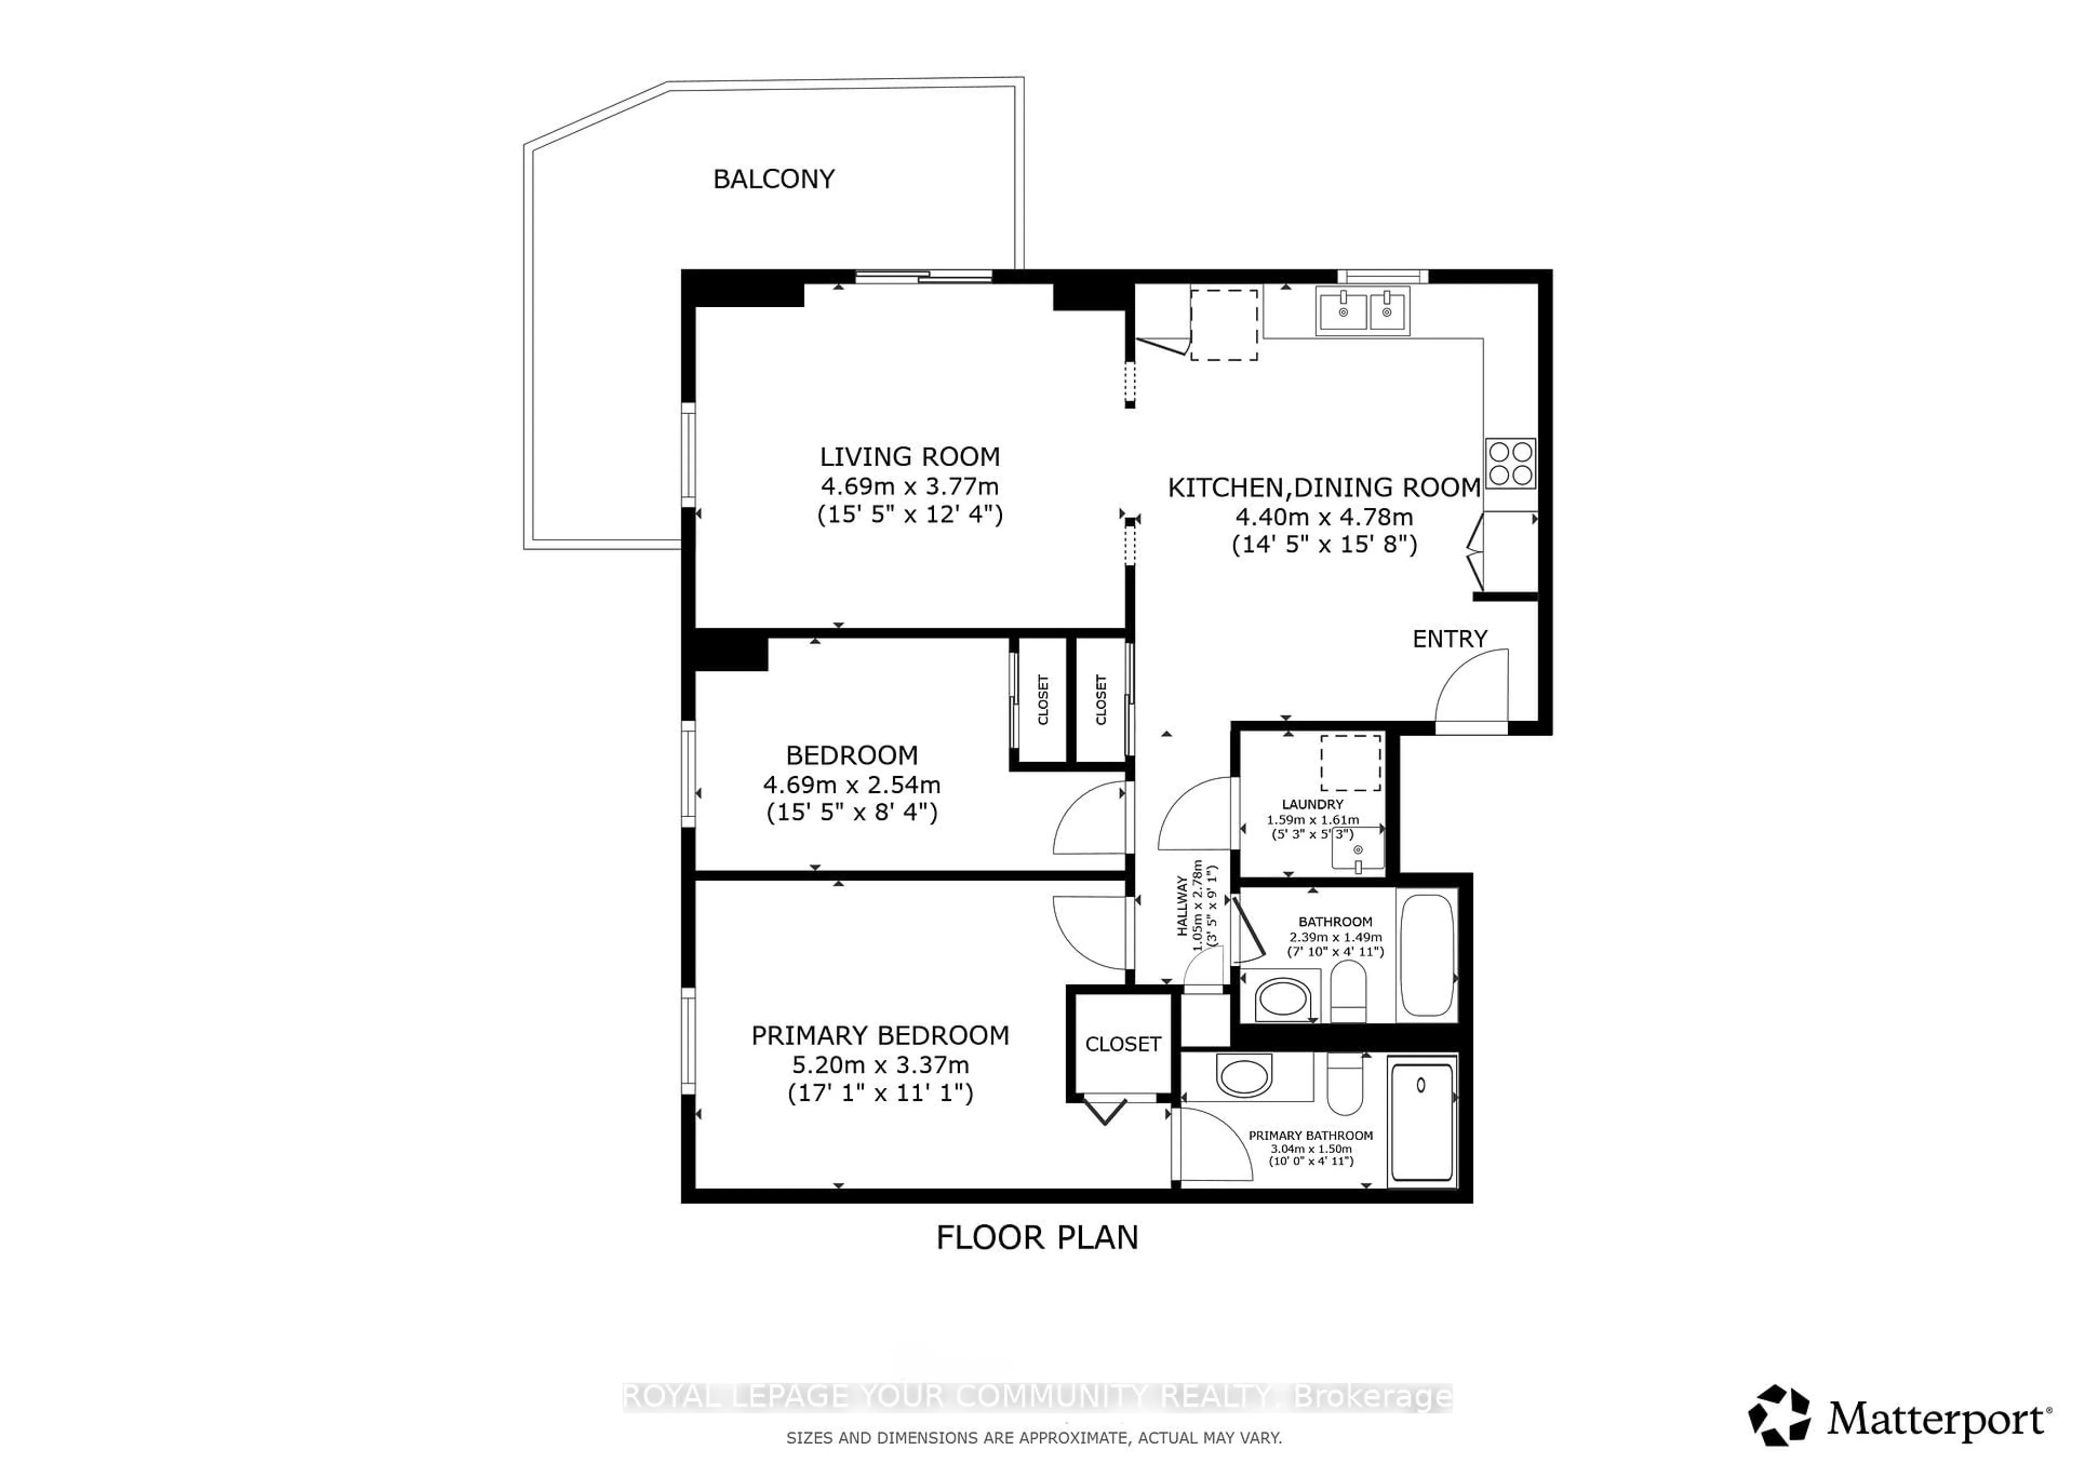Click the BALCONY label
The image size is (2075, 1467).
[774, 179]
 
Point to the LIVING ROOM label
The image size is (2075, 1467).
[909, 456]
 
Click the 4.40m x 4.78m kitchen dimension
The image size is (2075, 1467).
[1323, 517]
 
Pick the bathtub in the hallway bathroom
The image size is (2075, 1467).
[1427, 955]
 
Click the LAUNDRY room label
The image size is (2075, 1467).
[1312, 804]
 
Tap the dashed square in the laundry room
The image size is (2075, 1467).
[1350, 763]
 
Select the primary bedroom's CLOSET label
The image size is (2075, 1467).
[1122, 1044]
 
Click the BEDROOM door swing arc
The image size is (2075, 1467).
[1089, 818]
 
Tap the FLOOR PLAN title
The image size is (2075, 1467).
[1036, 1237]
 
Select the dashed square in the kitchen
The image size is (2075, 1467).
[1224, 324]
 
